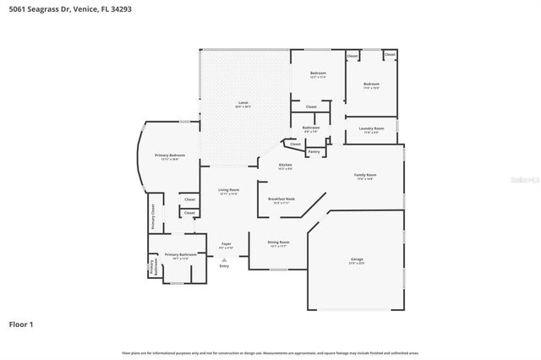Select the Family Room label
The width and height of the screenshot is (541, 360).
(365, 176)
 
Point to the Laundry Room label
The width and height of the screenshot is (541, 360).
(371, 129)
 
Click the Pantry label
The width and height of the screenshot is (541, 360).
(314, 152)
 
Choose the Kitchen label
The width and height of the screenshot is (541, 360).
(286, 166)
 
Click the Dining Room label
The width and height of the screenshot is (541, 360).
(279, 243)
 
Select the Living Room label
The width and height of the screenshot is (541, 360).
(228, 192)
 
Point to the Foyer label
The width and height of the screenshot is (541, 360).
(227, 245)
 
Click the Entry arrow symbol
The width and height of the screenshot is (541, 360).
(224, 259)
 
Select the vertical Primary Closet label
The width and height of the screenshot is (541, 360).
(153, 216)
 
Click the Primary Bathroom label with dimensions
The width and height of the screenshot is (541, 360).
(180, 255)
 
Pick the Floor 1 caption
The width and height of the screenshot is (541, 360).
(21, 324)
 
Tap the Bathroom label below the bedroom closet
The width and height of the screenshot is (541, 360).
(310, 129)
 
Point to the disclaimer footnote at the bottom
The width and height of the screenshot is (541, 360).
(270, 352)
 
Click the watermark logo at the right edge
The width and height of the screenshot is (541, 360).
(531, 178)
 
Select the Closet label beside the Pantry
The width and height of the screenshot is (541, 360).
(295, 144)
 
